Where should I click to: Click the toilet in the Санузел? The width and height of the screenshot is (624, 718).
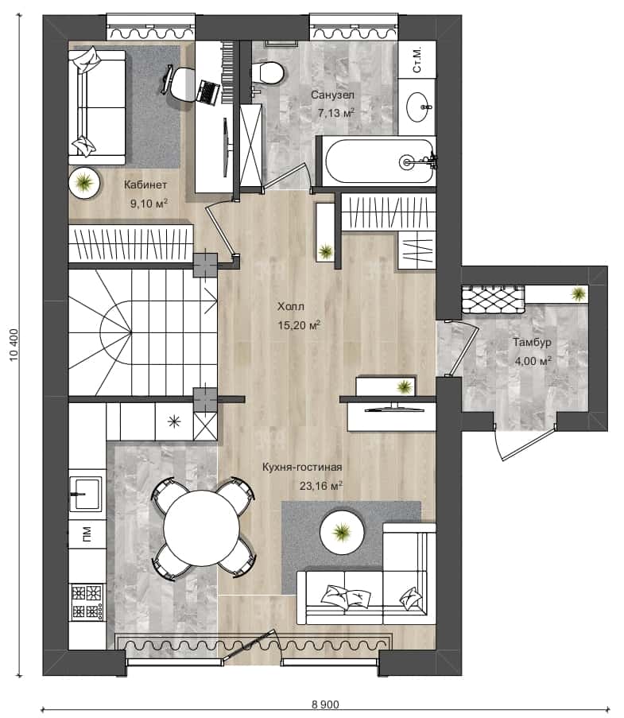tap(266, 73)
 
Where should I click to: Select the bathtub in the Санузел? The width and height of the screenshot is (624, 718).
tap(379, 161)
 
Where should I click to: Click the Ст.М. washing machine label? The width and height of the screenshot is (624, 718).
tap(417, 60)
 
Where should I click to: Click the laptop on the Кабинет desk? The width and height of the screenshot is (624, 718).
tap(207, 92)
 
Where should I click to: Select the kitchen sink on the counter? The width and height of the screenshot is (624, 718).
tap(86, 494)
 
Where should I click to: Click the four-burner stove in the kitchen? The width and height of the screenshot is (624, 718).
tap(87, 602)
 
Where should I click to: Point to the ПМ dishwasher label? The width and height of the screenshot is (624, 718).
tap(87, 534)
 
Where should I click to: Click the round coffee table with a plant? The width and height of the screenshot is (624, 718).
tap(342, 532)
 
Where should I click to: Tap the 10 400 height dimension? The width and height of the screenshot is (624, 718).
tap(14, 344)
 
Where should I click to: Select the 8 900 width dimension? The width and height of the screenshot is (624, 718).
tap(325, 704)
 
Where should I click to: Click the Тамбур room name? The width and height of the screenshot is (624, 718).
tap(532, 342)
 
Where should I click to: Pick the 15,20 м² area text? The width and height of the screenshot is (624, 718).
tap(299, 325)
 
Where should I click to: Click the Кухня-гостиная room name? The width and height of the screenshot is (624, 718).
tap(302, 467)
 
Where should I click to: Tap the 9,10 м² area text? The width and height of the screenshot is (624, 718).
tap(149, 203)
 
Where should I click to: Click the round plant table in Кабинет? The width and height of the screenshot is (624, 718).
tap(84, 183)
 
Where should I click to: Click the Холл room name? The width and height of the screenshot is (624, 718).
tap(291, 306)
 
